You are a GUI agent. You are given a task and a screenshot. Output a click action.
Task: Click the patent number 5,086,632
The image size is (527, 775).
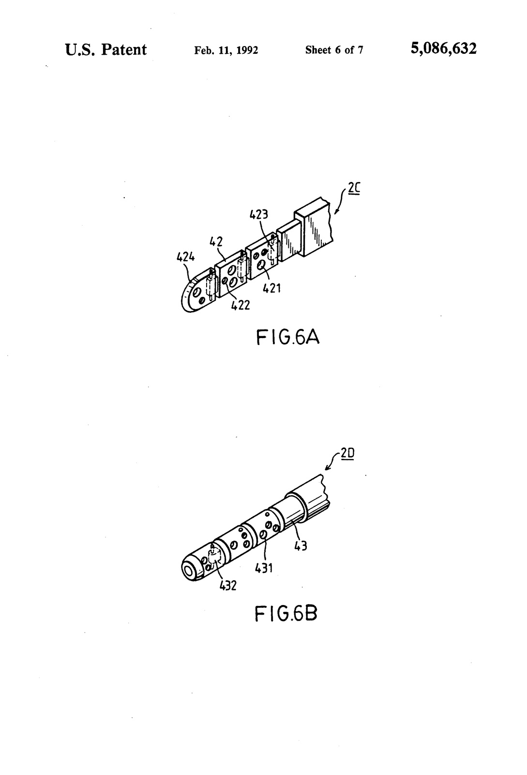point(443,49)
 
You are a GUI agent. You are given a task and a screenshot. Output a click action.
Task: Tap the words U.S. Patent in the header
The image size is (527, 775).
point(106,49)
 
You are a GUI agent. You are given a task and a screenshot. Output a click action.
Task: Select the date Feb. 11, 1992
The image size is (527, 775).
point(226,50)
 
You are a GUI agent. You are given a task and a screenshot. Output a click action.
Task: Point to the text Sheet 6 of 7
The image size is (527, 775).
point(334,50)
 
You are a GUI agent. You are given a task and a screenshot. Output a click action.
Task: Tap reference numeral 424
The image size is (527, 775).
point(185,257)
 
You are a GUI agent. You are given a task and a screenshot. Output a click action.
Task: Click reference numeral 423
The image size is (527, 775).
point(258,215)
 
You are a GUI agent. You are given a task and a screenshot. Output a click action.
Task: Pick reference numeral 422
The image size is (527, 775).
point(240,305)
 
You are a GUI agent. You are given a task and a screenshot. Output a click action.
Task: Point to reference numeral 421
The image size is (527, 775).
point(271,288)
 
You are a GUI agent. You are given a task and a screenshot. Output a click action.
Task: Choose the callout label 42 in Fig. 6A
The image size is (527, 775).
point(216,242)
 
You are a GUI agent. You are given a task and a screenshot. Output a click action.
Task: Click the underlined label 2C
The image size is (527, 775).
point(354,188)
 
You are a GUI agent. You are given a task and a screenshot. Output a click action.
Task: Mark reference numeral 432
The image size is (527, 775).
point(228,586)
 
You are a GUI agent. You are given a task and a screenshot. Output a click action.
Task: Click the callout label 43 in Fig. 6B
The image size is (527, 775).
point(301,546)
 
